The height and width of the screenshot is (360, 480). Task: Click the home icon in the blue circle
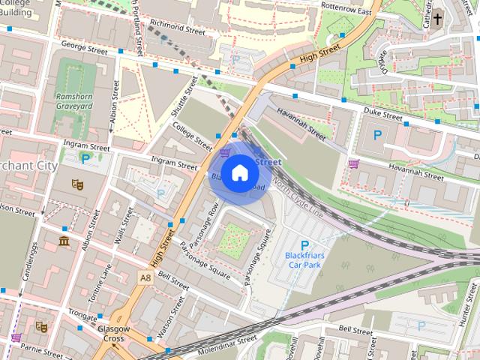tap(238, 173)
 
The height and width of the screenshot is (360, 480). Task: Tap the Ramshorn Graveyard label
tap(73, 101)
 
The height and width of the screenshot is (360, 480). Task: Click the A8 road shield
tap(145, 277)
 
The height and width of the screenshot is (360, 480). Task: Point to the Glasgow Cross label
tap(114, 333)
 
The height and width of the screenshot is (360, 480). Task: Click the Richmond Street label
tap(177, 31)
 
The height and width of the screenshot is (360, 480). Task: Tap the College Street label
tap(192, 136)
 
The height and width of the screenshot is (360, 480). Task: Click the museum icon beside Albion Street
tap(63, 241)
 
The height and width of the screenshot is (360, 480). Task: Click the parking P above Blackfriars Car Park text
tap(304, 245)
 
